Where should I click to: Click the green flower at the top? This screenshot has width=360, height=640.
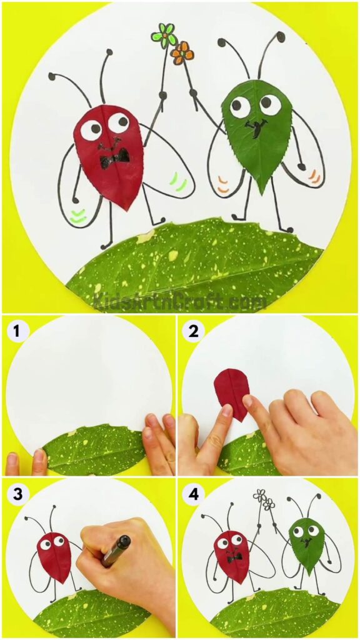point(164,36)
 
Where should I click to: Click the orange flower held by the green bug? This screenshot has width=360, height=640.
point(182,53)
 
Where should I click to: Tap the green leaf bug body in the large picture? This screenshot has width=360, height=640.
point(256,132)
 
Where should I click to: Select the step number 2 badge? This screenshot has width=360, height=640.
point(194,330)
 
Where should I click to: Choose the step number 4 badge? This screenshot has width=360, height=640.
point(194,493)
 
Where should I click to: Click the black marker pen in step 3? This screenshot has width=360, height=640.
point(116,550)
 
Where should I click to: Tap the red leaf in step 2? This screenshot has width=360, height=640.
point(231,394)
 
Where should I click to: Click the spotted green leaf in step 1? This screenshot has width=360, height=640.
point(94,449)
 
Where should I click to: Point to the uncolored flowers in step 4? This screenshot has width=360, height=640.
point(264,499)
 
